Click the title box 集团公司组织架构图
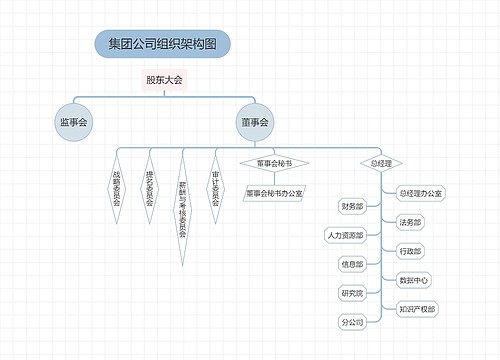click(162, 43)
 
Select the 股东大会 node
click(164, 80)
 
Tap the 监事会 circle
click(73, 123)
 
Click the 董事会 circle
click(255, 123)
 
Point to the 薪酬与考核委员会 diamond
click(182, 205)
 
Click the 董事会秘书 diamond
click(274, 162)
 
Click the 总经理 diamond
click(381, 162)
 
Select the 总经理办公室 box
click(421, 192)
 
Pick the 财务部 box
click(351, 206)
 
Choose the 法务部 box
click(410, 221)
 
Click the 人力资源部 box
click(344, 236)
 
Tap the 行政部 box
click(410, 250)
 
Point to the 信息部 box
click(351, 265)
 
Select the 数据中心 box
click(414, 279)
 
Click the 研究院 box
click(351, 294)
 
